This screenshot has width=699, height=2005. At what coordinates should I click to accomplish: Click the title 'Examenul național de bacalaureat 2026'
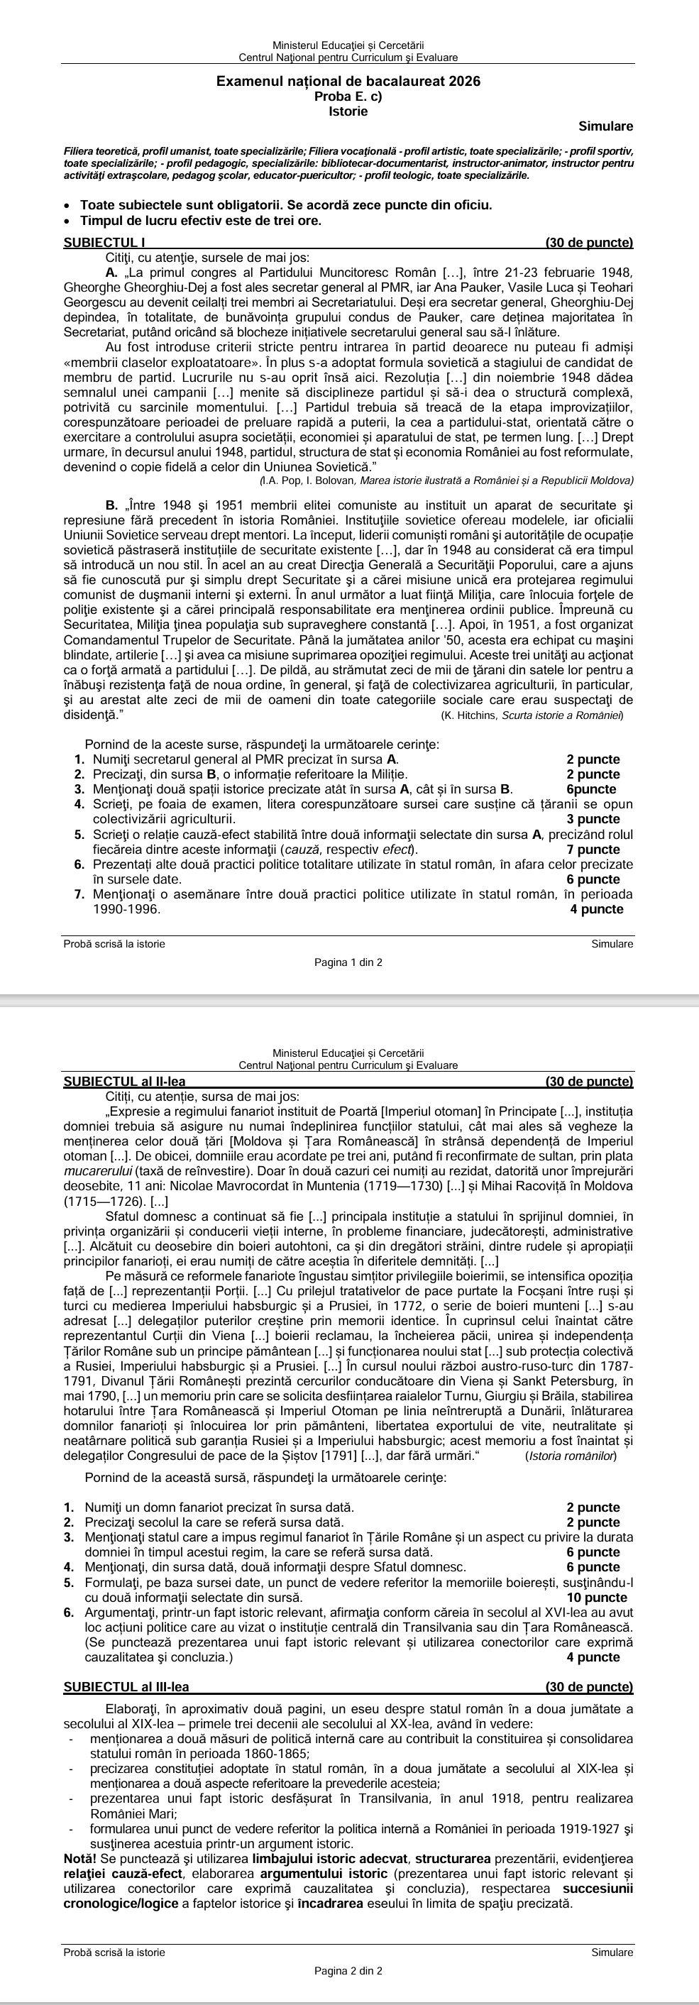[x=348, y=81]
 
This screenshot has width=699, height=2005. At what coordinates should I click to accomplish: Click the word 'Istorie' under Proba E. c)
[x=348, y=111]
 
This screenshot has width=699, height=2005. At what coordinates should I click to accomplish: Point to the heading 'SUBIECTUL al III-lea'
[x=126, y=1681]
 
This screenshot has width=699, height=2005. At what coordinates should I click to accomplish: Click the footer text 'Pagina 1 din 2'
[x=348, y=963]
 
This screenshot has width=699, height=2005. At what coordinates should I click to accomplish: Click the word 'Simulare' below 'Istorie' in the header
[x=605, y=126]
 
